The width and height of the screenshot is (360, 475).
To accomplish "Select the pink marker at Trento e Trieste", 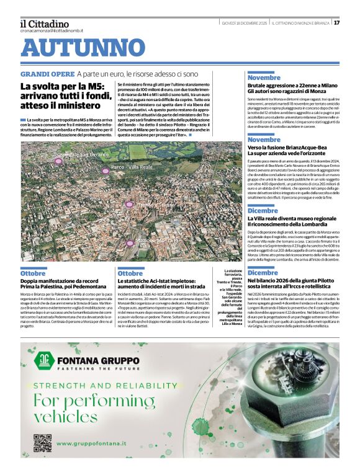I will [129, 204].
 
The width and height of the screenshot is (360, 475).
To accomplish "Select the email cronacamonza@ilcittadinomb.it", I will [51, 30].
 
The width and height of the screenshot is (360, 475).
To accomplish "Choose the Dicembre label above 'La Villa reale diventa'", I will [263, 211].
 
